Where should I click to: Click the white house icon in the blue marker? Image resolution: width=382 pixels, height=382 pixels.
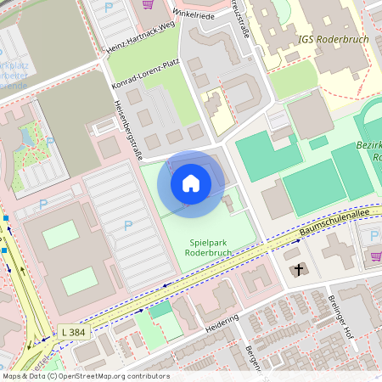point(191,183)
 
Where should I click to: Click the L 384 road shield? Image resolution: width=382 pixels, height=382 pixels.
point(74,332)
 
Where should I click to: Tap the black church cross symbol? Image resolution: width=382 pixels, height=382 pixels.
point(297,270)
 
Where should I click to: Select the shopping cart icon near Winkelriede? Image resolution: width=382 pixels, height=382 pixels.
point(148,4)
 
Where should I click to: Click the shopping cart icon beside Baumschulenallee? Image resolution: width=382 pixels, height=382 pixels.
point(375,256)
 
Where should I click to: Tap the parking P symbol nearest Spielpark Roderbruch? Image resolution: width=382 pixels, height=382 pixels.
point(128,225)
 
